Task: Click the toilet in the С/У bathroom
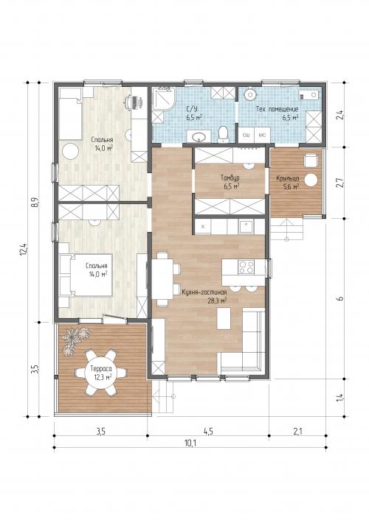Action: (x=223, y=135)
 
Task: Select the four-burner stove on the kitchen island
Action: (x=246, y=267)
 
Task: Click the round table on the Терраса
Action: (x=100, y=373)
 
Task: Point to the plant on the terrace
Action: (x=75, y=340)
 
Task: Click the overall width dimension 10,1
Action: (x=190, y=443)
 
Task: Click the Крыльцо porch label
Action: (x=288, y=179)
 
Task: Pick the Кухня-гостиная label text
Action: (x=204, y=292)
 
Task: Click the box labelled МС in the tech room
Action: (x=262, y=136)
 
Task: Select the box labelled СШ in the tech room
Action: (x=246, y=136)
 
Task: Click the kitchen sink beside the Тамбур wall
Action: (x=246, y=227)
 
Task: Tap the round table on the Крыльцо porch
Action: (x=311, y=180)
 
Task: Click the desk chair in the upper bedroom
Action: (x=134, y=102)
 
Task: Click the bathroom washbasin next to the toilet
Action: (x=199, y=136)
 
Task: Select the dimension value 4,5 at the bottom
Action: (x=208, y=431)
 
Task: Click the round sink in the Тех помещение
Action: (x=249, y=94)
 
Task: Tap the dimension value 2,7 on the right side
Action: (x=339, y=183)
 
